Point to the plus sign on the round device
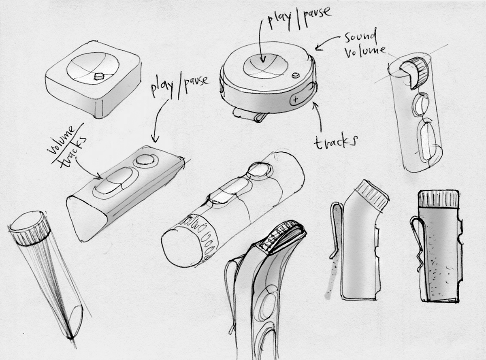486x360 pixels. coord(296,100)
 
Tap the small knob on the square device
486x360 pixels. coord(98,77)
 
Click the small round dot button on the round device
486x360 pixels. coord(296,75)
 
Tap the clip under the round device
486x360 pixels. coord(250,115)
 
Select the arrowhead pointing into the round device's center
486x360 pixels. coord(263,59)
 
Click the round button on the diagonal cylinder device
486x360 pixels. coord(259,170)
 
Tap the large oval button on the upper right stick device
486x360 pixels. coord(426,141)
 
